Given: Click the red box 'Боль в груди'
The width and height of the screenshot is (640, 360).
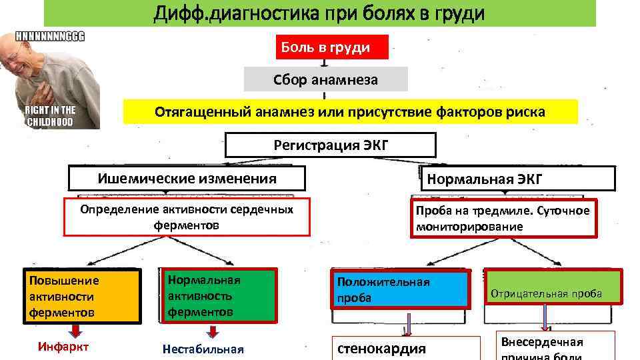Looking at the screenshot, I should click(x=332, y=47).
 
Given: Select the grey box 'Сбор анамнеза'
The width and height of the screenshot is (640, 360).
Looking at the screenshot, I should click(x=325, y=80).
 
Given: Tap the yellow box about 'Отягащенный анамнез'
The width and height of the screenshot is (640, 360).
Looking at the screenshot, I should click(x=350, y=112).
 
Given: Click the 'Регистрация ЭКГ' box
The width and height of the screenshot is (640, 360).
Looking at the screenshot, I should click(x=331, y=145).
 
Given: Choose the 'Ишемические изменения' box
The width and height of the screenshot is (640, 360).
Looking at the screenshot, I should click(x=187, y=178).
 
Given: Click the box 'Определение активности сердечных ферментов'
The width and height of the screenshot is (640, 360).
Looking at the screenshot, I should click(x=187, y=217).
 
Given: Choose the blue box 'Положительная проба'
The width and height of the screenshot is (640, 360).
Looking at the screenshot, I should click(x=400, y=290).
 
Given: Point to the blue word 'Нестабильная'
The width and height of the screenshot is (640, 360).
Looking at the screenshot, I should click(x=203, y=349).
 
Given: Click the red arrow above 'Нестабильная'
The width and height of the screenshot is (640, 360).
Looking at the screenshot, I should click(x=213, y=331).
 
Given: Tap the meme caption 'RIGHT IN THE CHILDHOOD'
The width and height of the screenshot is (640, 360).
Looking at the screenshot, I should click(x=51, y=115).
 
